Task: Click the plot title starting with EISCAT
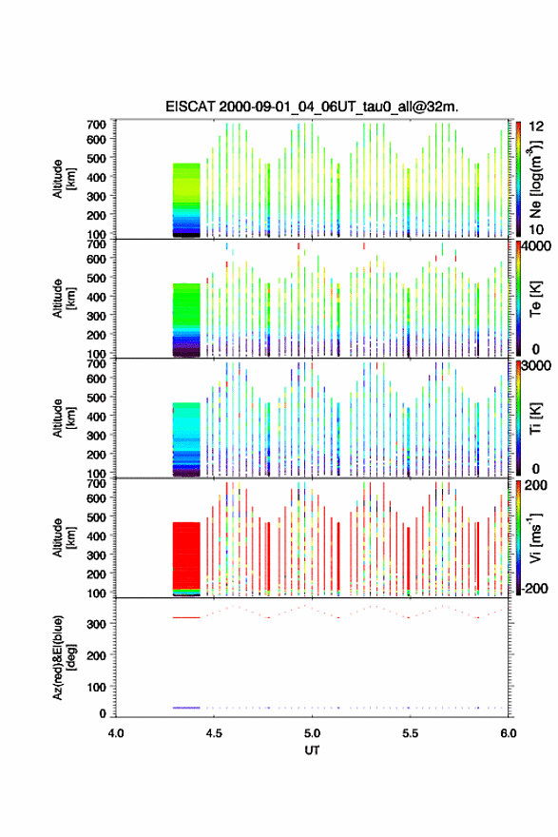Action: point(312,107)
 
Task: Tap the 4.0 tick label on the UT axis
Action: point(116,733)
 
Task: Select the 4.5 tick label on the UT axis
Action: point(214,733)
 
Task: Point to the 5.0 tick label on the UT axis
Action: point(312,733)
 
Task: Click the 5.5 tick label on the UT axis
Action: point(411,733)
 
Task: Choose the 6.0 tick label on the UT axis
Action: point(509,733)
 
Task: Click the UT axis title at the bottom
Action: point(312,750)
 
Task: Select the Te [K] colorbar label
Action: point(535,299)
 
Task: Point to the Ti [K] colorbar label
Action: point(535,418)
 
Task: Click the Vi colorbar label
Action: point(535,537)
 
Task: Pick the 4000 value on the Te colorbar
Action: point(536,246)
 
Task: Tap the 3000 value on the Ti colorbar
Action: point(536,365)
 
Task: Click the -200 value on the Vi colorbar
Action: point(534,588)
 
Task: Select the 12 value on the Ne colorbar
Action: point(536,127)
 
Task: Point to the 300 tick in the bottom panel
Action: point(97,624)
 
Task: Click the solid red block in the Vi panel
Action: point(186,555)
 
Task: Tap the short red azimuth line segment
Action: point(185,617)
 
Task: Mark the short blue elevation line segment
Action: point(185,708)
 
